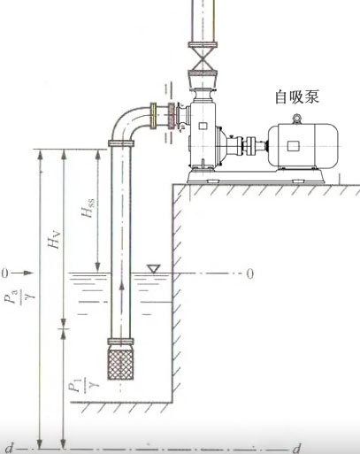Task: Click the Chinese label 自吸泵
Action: (x=297, y=97)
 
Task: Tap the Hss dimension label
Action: (x=88, y=208)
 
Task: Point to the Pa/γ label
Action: (x=19, y=296)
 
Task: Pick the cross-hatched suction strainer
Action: (x=120, y=363)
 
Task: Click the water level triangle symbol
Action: (x=154, y=269)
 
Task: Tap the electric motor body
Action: (x=303, y=146)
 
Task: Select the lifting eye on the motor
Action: (x=296, y=119)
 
